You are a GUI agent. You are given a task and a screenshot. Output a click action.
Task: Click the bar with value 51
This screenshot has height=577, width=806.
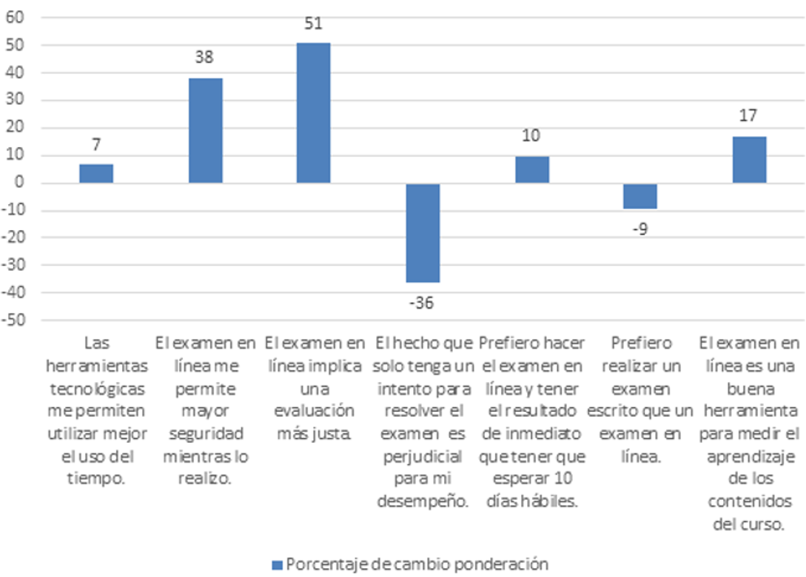pyautogui.click(x=313, y=113)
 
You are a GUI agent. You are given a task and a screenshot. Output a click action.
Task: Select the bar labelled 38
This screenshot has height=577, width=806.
pyautogui.click(x=205, y=130)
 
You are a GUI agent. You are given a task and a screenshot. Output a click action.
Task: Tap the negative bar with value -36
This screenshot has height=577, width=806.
pyautogui.click(x=423, y=232)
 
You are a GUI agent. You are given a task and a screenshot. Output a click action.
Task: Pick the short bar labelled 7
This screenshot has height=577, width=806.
pyautogui.click(x=96, y=173)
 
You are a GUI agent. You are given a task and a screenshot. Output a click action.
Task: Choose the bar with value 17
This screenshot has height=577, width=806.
pyautogui.click(x=749, y=159)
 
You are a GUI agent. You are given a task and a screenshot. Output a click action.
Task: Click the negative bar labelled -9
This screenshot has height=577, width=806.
pyautogui.click(x=640, y=196)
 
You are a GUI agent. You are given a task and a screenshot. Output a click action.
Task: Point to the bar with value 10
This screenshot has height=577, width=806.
pyautogui.click(x=532, y=169)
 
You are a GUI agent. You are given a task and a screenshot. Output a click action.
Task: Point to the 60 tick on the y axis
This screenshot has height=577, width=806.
pyautogui.click(x=15, y=18)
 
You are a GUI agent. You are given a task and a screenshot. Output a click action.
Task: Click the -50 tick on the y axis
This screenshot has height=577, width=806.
pyautogui.click(x=14, y=320)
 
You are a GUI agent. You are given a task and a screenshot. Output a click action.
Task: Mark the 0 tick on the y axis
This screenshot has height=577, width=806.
pyautogui.click(x=20, y=183)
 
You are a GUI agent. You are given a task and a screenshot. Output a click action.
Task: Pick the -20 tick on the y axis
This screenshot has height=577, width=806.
pyautogui.click(x=14, y=237)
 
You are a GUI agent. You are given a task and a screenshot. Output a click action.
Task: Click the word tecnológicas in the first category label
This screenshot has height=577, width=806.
pyautogui.click(x=98, y=388)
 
